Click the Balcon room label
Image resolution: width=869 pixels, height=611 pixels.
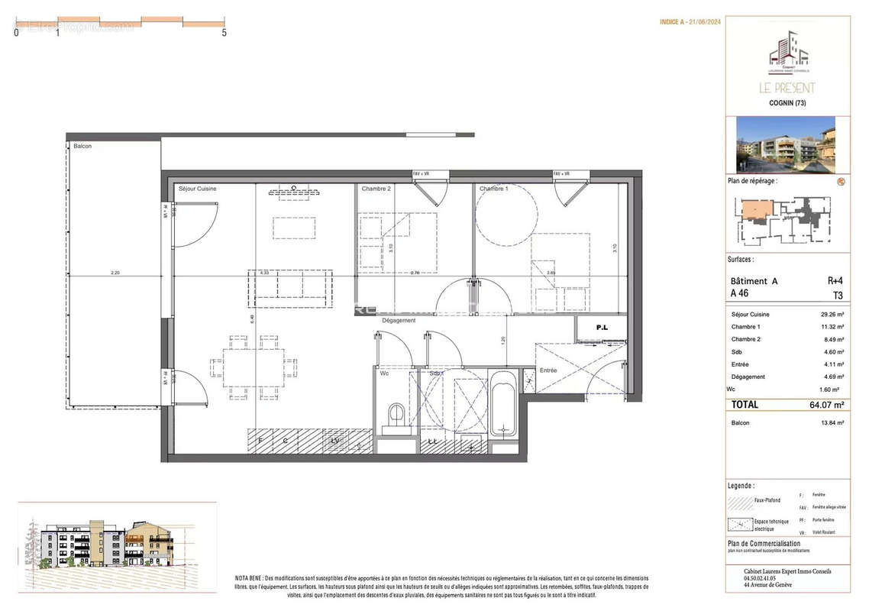click(x=82, y=146)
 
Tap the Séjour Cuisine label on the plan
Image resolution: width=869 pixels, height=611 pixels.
click(x=197, y=189)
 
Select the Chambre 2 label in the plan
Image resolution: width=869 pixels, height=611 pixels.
click(x=376, y=189)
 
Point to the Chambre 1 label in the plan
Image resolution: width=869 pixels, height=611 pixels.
click(x=493, y=189)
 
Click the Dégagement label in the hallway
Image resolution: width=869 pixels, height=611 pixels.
click(x=399, y=321)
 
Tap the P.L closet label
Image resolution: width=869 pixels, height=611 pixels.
click(x=602, y=328)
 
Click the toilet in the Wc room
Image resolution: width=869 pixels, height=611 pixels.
click(x=397, y=417)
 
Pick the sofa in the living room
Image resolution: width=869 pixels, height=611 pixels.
click(x=290, y=287)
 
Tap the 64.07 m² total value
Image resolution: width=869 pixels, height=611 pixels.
click(x=829, y=405)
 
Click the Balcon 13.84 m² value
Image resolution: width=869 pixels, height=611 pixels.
click(x=831, y=423)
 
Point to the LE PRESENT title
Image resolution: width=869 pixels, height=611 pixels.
click(x=787, y=88)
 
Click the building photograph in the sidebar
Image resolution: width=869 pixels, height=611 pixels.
click(x=786, y=144)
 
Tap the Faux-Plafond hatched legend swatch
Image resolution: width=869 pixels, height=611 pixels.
click(x=740, y=502)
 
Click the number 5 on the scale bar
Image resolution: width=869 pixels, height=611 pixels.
click(x=224, y=33)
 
